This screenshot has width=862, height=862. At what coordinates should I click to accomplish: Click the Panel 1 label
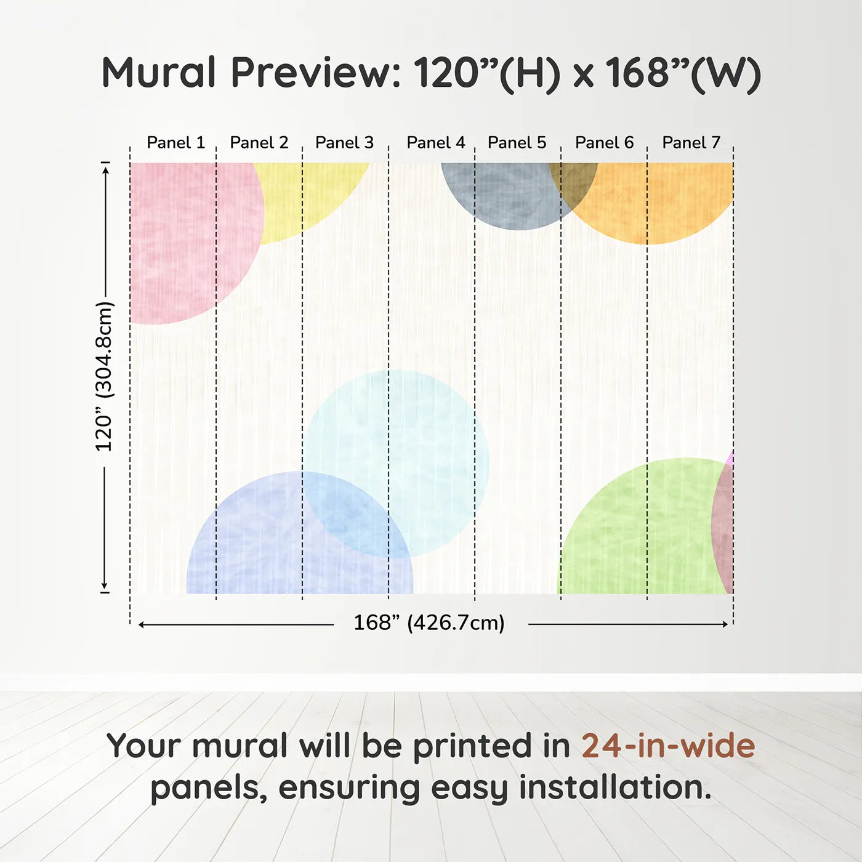click(175, 143)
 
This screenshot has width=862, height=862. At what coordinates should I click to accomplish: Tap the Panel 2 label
click(259, 143)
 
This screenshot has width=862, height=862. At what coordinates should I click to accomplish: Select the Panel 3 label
click(344, 143)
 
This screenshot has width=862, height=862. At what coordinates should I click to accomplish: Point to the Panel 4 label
click(436, 143)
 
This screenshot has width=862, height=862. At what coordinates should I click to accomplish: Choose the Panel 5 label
click(517, 143)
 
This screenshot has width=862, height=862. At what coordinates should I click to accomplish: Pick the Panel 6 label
click(604, 143)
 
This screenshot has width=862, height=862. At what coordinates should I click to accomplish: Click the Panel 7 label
click(691, 143)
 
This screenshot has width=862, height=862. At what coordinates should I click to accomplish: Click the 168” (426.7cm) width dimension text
click(429, 623)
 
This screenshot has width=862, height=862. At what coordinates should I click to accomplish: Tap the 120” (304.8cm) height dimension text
click(104, 376)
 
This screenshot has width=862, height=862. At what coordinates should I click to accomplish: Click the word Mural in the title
click(158, 73)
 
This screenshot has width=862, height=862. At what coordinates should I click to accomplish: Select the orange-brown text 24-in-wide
click(668, 746)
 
